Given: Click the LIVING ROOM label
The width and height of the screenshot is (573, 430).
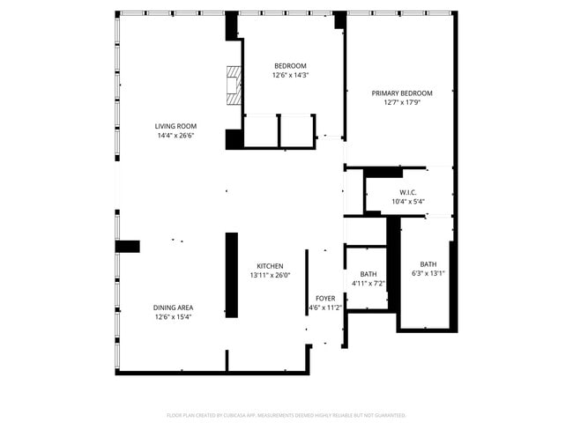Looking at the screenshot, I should click(175, 126).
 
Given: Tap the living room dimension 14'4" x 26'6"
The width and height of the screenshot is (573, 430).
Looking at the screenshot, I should click(175, 136).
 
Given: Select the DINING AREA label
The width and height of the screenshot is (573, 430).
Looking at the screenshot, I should click(173, 308).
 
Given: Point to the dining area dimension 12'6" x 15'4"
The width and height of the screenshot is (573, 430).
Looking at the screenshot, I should click(173, 317).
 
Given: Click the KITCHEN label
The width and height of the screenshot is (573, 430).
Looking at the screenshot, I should click(270, 266).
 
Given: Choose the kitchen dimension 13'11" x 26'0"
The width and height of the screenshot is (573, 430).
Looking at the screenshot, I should click(270, 275).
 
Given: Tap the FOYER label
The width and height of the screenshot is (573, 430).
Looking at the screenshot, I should click(324, 299).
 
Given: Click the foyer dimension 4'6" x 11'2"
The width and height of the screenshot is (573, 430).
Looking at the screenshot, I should click(324, 308).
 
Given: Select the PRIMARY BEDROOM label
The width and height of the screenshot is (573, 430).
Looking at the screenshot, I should click(401, 93).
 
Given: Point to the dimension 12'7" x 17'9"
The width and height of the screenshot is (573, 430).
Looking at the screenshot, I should click(401, 102).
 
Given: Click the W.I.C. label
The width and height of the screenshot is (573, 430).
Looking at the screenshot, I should click(407, 192).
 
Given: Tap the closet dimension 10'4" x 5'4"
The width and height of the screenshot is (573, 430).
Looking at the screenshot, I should click(407, 202).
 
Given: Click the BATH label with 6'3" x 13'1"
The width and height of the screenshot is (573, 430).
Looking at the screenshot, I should click(428, 264).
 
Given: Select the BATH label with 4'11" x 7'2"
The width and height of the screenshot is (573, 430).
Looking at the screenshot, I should click(368, 274).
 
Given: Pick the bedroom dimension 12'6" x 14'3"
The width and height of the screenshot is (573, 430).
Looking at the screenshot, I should click(290, 75).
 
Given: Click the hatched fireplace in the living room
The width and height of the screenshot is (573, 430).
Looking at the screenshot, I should click(233, 85).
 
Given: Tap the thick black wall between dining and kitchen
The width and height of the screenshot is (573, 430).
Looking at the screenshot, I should click(232, 274).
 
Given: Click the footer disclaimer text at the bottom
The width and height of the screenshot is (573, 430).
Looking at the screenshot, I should click(286, 415).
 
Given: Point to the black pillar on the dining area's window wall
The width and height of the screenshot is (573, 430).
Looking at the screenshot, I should click(129, 246).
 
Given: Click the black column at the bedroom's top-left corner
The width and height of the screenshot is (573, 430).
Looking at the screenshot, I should click(233, 26).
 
